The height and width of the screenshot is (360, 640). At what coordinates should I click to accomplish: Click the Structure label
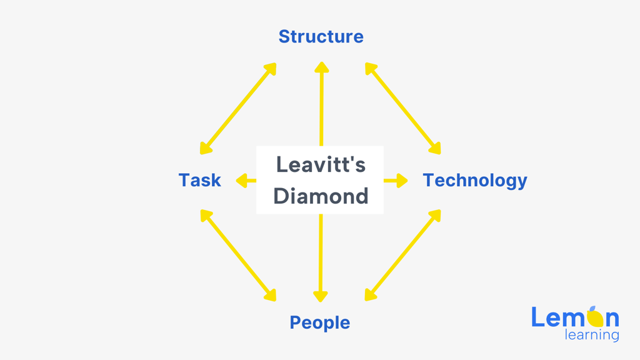tap(321, 37)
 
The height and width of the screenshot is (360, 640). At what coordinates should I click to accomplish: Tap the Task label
tap(199, 180)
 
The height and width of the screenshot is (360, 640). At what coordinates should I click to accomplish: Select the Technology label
tap(475, 181)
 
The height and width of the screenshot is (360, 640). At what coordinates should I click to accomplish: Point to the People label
tap(319, 323)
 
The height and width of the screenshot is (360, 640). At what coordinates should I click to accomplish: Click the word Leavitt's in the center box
tap(321, 164)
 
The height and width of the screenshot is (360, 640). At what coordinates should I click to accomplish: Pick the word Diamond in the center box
tap(321, 196)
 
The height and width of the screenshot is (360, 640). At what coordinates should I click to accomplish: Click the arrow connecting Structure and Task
tap(238, 109)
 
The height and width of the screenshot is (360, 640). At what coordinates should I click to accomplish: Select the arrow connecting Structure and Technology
tap(403, 109)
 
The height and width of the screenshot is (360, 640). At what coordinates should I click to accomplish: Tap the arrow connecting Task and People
tap(238, 256)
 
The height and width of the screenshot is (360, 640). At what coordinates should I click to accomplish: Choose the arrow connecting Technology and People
tap(403, 256)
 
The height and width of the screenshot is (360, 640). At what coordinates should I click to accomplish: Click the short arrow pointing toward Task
tap(246, 181)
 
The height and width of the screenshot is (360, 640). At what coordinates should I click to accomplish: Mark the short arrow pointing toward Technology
tap(396, 181)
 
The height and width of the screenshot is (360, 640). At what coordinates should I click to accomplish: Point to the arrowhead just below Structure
tap(322, 67)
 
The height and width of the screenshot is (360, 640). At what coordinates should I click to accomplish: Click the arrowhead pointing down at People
tap(321, 296)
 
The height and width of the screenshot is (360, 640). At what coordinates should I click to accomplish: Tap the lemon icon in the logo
tap(595, 317)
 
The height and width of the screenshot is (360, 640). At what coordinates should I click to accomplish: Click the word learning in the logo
tap(592, 335)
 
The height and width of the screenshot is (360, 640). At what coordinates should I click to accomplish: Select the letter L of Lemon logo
tap(537, 317)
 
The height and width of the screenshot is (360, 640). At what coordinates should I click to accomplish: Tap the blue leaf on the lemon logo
tap(592, 309)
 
